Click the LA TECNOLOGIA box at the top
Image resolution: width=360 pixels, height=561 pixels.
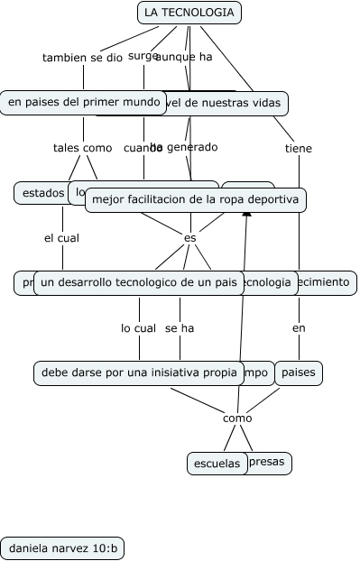point(189,13)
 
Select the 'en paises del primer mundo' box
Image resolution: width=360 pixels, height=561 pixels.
point(83,103)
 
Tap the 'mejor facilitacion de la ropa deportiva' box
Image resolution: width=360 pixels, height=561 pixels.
point(196,199)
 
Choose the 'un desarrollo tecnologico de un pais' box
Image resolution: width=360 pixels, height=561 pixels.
point(139,282)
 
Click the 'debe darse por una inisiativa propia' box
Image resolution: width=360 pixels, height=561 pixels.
point(138,372)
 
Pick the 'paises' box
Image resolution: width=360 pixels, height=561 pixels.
point(299,372)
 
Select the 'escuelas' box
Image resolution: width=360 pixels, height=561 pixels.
point(217,464)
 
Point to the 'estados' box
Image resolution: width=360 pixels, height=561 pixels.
point(42,192)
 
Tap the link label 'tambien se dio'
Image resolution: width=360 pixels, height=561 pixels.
point(82,58)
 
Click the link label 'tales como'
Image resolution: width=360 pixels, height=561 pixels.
point(83,148)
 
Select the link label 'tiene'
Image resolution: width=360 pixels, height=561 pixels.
point(299,149)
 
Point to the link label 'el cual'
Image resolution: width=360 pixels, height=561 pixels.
point(62,238)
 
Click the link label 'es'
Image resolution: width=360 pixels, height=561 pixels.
point(189,238)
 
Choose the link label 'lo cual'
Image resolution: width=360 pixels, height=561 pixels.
point(139,328)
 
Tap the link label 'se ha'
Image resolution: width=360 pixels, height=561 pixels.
point(180,328)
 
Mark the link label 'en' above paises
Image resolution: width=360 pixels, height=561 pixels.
point(299,328)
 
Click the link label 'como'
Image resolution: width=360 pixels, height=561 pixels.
point(237,418)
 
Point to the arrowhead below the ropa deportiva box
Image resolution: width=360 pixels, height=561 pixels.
point(246,218)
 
